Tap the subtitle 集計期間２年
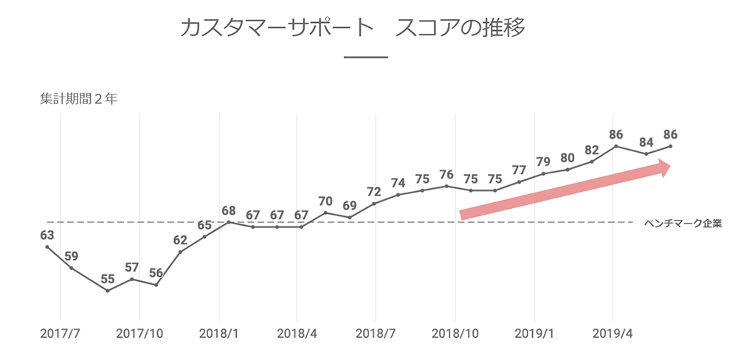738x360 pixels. click(78, 100)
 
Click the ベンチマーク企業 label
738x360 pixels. click(682, 222)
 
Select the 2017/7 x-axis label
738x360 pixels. click(60, 334)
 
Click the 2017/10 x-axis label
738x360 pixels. click(139, 334)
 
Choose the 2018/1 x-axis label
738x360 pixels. click(218, 334)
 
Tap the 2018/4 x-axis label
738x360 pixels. click(297, 334)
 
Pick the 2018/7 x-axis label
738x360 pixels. click(376, 334)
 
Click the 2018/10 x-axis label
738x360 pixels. click(455, 334)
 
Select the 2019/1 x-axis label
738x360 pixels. click(534, 334)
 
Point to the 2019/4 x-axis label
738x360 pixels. click(613, 334)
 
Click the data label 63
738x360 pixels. click(47, 235)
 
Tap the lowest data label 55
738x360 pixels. click(108, 280)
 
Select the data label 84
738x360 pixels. click(646, 142)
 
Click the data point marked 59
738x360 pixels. click(72, 268)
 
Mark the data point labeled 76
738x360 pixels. click(446, 186)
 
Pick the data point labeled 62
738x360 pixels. click(180, 252)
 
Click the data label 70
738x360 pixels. click(325, 201)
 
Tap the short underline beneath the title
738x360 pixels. click(366, 58)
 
